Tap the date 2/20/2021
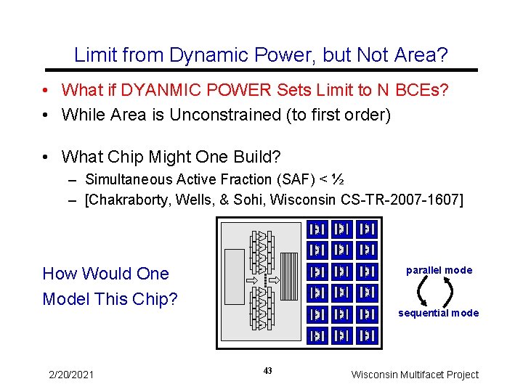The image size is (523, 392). click(71, 375)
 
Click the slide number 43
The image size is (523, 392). click(268, 371)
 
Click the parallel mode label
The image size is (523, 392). click(439, 270)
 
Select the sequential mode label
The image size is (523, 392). click(438, 313)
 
